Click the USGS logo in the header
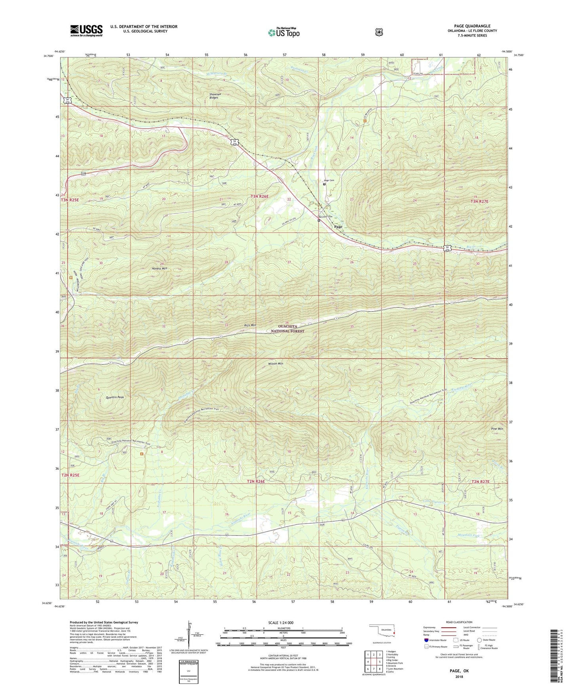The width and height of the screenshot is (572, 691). tap(86, 30)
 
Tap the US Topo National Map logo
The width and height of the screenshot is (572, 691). tap(283, 32)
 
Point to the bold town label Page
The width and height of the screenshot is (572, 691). tap(338, 227)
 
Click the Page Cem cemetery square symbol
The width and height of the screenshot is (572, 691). tap(324, 184)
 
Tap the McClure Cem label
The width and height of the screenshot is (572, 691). tap(325, 216)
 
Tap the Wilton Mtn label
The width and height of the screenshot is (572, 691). tap(276, 363)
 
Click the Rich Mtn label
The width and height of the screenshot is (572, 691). tap(250, 325)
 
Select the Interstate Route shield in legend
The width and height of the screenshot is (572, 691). tap(426, 640)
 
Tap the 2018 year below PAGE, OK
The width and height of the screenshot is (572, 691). tap(459, 676)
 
